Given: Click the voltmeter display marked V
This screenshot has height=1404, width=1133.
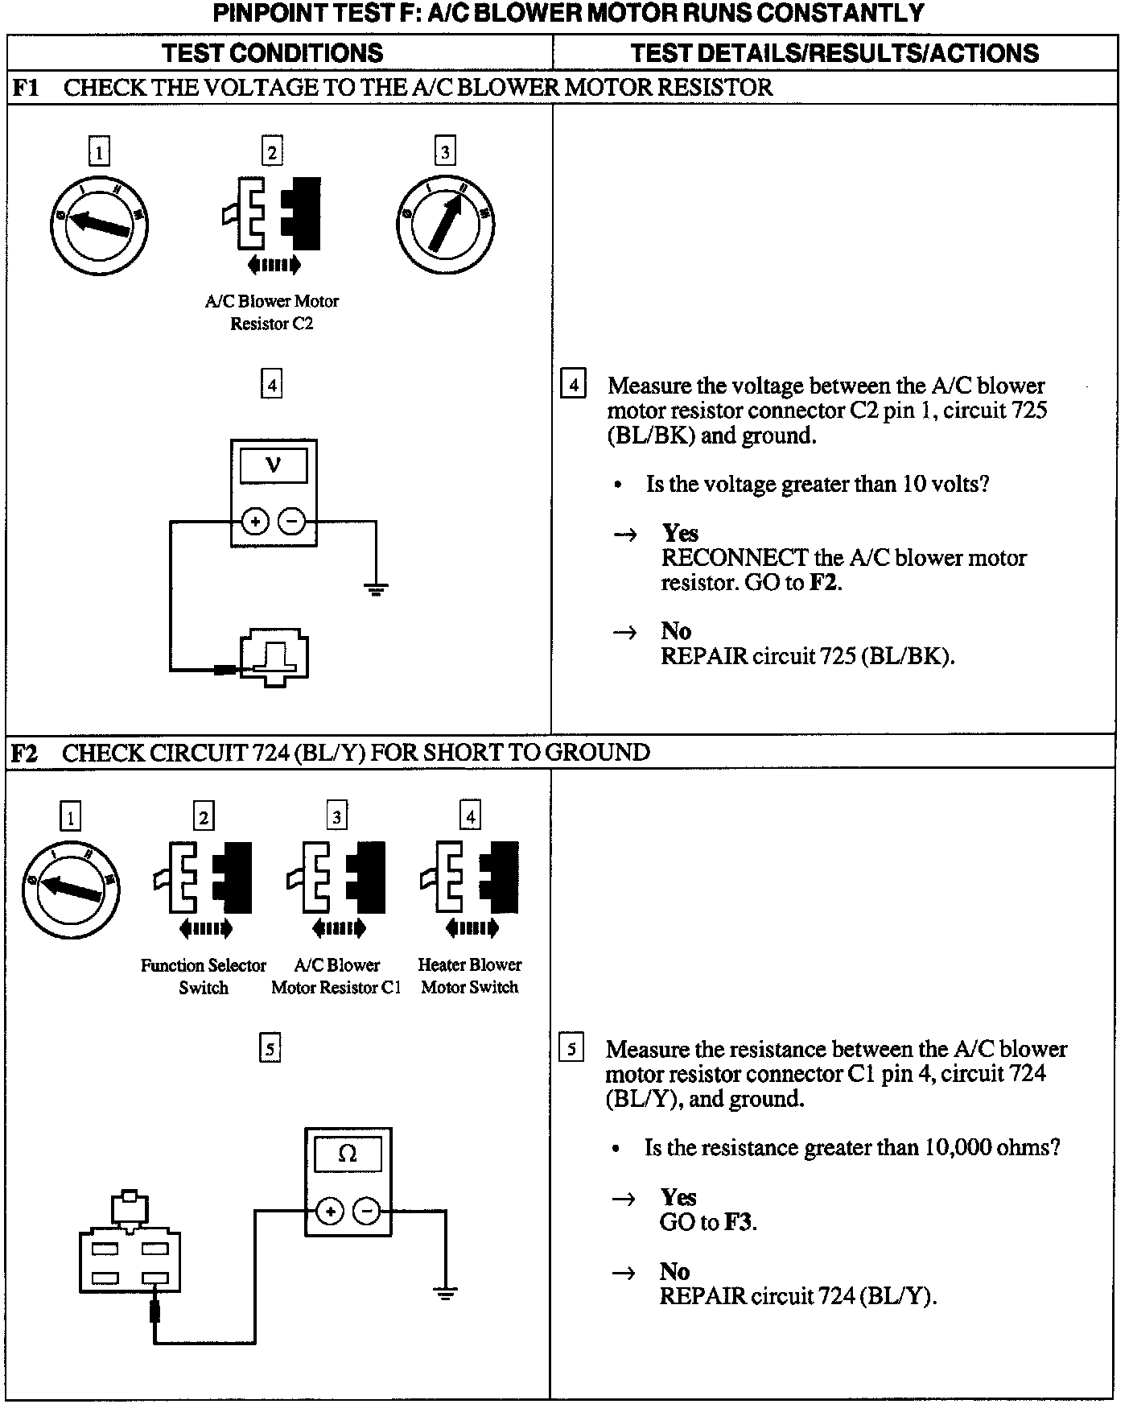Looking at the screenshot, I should [x=274, y=466].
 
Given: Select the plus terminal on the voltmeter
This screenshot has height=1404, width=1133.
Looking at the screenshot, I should [x=255, y=522].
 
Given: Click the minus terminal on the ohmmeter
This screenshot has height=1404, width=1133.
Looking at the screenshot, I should [x=367, y=1210].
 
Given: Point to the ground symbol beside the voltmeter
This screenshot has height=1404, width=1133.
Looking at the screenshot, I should [x=376, y=588].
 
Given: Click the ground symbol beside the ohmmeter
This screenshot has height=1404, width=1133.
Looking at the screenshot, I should [x=445, y=1293].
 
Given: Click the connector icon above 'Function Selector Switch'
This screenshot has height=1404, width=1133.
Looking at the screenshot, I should [x=204, y=886].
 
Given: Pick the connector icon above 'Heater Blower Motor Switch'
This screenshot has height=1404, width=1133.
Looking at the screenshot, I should [x=470, y=886].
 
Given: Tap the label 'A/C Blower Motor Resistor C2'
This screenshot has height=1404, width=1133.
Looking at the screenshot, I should [x=272, y=312].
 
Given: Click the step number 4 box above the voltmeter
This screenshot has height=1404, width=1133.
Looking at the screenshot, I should [x=272, y=385].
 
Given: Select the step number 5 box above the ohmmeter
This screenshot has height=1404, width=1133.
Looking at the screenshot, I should [x=270, y=1048].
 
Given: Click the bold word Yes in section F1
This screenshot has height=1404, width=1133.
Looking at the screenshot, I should [x=680, y=533].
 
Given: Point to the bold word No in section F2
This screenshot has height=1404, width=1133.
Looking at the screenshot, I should [x=674, y=1271].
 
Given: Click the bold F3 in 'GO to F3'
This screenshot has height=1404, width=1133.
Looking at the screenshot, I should [x=739, y=1222].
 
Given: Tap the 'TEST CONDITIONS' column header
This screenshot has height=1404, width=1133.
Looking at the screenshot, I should [x=272, y=53].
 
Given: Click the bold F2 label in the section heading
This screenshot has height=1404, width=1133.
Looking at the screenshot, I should [x=25, y=754].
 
